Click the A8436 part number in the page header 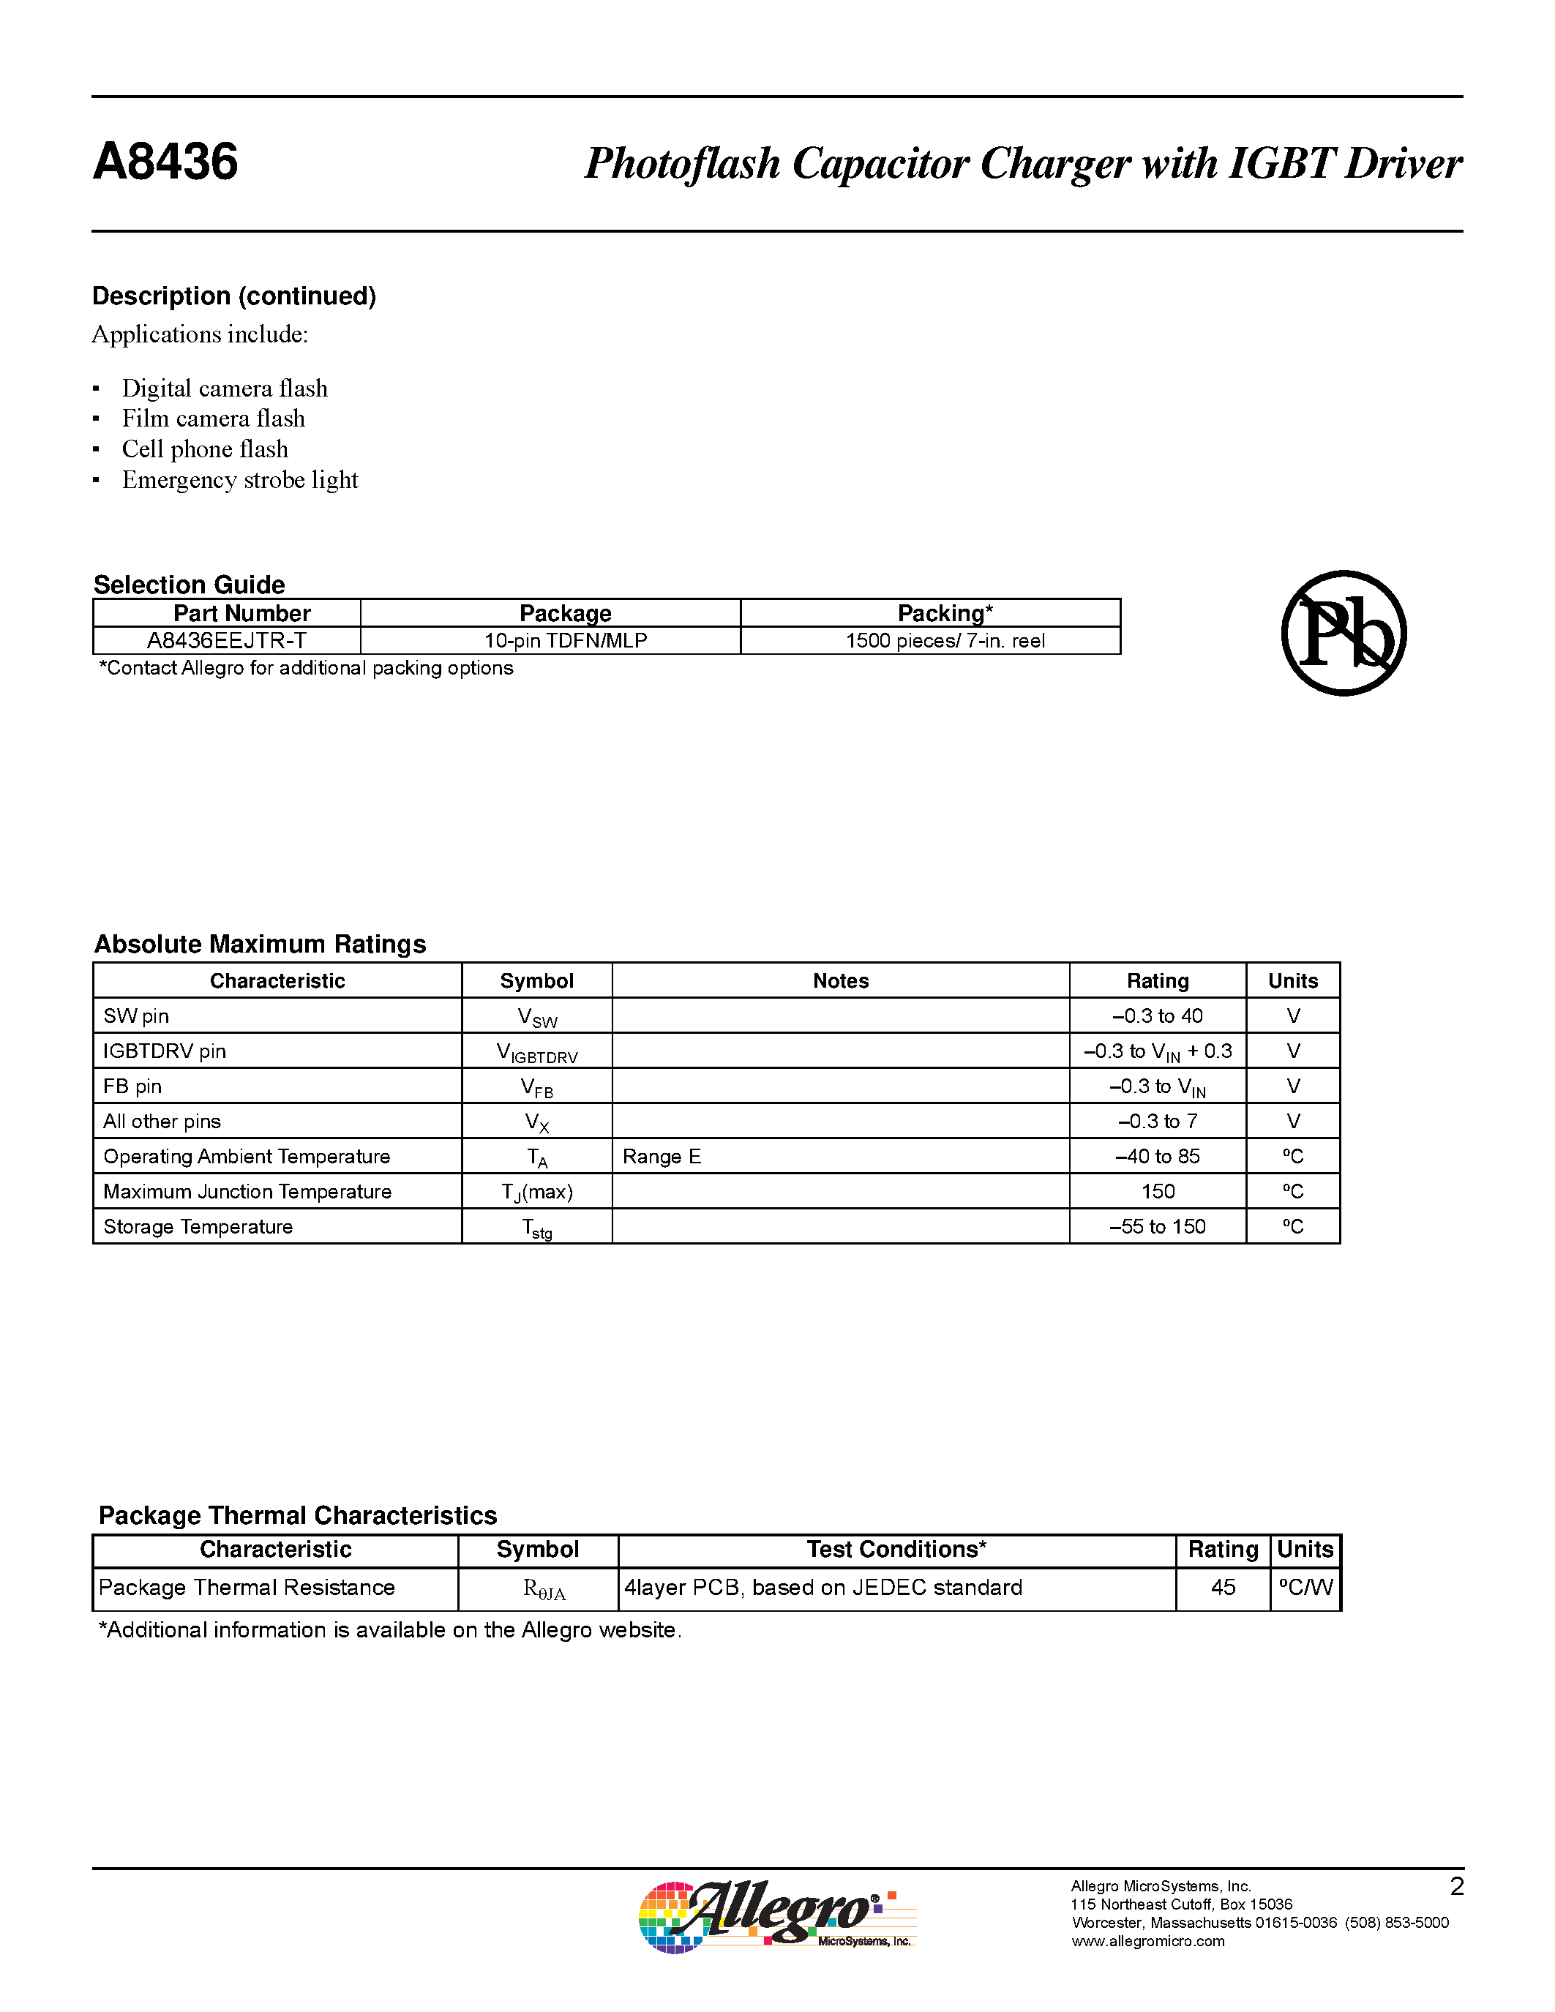(166, 162)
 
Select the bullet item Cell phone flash (204, 449)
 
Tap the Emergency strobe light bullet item (239, 480)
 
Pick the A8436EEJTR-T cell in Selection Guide (227, 641)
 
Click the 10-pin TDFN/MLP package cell (565, 641)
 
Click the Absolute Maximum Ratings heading (260, 945)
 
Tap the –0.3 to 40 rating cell (1157, 1016)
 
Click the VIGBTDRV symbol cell (536, 1052)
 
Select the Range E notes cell (662, 1156)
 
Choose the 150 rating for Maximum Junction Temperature (1157, 1192)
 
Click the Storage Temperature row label (198, 1227)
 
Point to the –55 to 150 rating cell (1157, 1227)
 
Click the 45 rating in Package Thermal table (1223, 1588)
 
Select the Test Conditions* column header (896, 1550)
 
